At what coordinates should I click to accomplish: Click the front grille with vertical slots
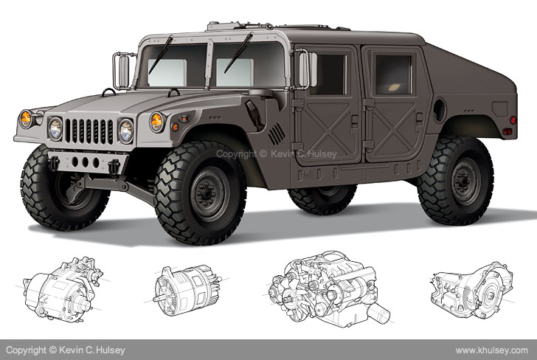tap(89, 131)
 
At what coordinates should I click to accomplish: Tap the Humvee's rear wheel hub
tap(465, 181)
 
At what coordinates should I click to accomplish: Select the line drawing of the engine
tap(329, 289)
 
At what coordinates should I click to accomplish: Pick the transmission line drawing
tap(472, 290)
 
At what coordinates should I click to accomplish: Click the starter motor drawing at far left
tap(63, 290)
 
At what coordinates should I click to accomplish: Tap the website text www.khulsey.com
tap(491, 350)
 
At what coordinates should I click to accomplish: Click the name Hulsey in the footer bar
tap(111, 350)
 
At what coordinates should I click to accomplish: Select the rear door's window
tap(393, 75)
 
